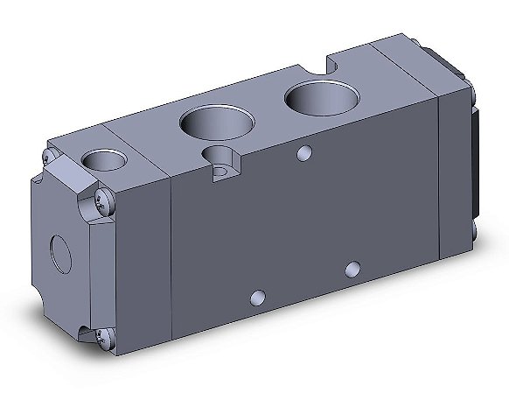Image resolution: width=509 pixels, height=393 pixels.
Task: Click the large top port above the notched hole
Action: point(207,123)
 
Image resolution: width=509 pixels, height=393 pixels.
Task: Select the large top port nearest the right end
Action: point(316,98)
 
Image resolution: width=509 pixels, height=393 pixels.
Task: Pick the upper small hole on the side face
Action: point(303,154)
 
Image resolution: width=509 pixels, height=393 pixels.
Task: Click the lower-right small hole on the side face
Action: point(352,267)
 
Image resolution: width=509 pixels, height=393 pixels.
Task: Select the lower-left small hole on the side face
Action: point(256,298)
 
